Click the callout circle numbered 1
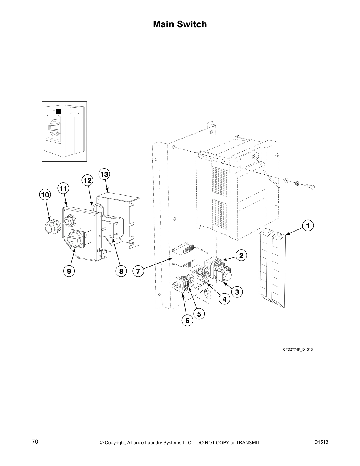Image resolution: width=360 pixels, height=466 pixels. click(308, 226)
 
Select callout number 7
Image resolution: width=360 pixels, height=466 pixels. click(138, 271)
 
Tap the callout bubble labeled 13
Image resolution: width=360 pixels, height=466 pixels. click(104, 174)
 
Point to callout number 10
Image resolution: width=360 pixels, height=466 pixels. click(45, 195)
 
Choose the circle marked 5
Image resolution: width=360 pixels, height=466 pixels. click(199, 314)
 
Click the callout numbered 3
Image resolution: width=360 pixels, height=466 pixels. click(237, 292)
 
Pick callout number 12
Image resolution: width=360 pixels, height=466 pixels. click(87, 180)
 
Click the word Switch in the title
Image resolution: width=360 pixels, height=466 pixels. click(193, 24)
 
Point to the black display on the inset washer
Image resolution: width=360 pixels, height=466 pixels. click(58, 111)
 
